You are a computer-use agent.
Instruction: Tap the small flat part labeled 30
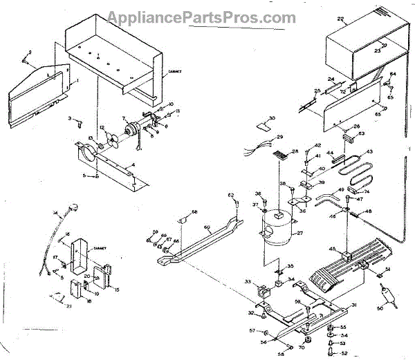click(261, 127)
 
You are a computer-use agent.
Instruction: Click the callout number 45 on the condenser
click(333, 249)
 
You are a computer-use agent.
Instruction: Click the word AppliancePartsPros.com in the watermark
click(207, 15)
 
